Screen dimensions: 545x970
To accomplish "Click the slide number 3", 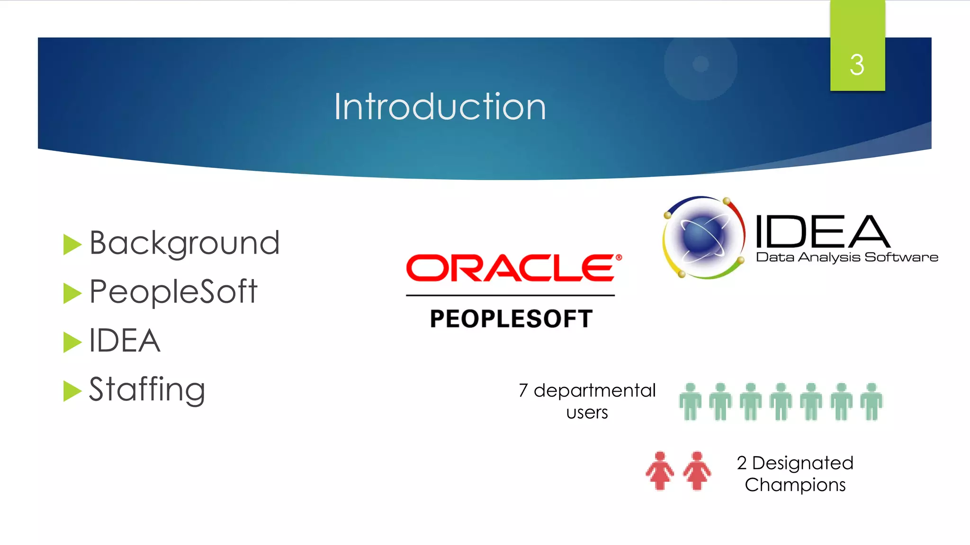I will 857,65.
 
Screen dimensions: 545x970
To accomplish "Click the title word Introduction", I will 440,107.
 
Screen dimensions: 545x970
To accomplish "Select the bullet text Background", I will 185,243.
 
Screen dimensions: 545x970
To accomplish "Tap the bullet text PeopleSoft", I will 173,291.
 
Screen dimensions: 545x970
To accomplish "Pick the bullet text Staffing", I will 147,389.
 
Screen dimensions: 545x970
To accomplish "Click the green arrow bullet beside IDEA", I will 72,342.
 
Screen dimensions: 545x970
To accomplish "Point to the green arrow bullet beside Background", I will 72,244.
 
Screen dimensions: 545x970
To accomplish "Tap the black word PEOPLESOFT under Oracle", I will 511,318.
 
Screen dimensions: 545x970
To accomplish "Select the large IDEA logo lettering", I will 822,231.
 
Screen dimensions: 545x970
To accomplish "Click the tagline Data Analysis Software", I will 847,257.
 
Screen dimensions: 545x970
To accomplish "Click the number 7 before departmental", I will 523,391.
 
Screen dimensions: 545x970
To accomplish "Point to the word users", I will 587,413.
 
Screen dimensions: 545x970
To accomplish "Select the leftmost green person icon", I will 690,402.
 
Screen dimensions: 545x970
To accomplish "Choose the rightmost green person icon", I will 871,402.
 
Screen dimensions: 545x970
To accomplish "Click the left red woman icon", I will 660,471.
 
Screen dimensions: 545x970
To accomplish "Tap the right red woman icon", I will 697,471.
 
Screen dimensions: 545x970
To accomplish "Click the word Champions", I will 795,485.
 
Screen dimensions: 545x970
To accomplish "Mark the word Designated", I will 803,463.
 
